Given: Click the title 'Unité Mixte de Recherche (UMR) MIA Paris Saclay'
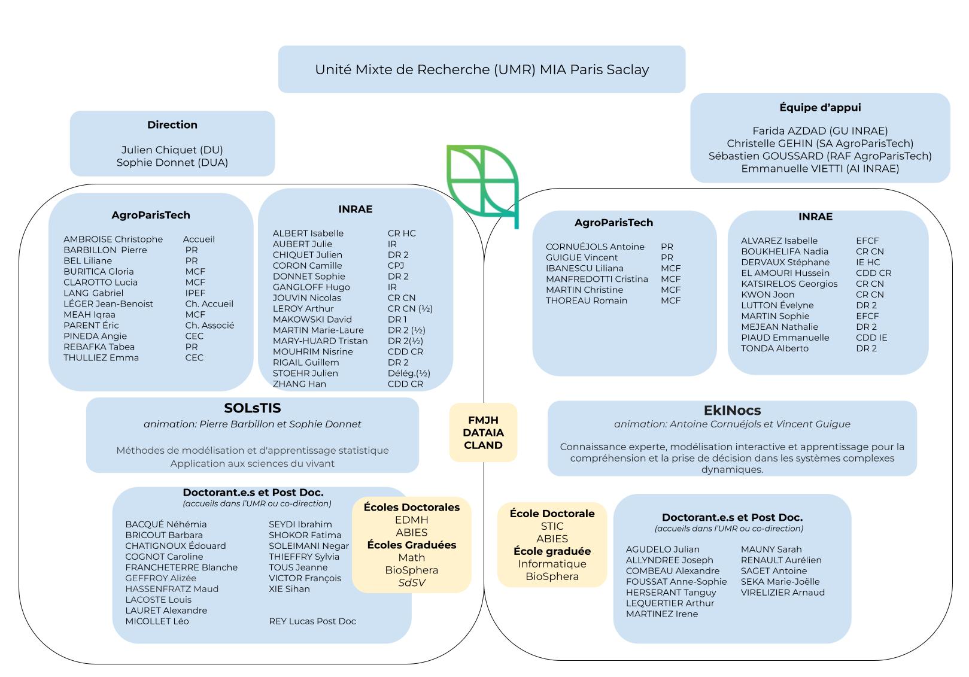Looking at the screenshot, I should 482,69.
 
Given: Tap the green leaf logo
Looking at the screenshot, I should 482,182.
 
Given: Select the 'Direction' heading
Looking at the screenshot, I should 172,125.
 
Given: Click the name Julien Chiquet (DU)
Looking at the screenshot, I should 172,150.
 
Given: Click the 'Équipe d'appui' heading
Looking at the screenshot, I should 820,108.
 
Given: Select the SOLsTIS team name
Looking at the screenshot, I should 253,408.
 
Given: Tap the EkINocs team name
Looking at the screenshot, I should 732,411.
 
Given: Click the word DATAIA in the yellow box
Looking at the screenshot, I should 483,433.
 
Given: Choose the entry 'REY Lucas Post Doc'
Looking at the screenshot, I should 312,621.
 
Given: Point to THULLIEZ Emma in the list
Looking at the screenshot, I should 101,358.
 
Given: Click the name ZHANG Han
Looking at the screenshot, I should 299,384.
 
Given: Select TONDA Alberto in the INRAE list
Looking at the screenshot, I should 774,348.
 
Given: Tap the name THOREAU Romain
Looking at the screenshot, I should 587,300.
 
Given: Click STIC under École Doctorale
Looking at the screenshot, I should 552,526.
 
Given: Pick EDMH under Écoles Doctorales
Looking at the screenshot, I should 412,520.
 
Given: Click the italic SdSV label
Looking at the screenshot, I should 412,582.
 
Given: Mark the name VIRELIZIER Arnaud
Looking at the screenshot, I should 783,593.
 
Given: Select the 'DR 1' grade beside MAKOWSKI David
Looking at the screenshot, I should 397,320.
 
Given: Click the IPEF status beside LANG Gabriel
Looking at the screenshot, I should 195,293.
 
